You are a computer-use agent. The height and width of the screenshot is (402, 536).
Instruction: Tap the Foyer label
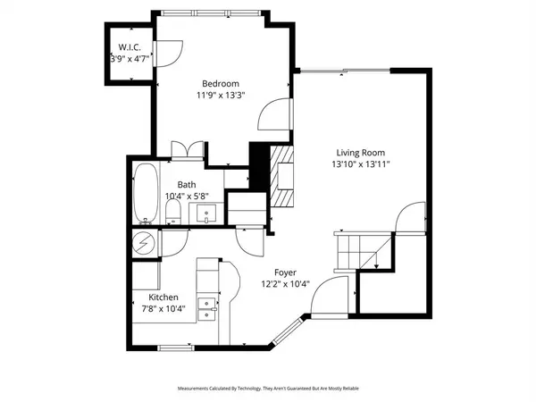pos(286,272)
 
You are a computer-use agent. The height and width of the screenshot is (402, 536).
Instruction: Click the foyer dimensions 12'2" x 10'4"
pos(286,285)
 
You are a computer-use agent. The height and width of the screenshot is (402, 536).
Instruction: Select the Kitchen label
pos(163,297)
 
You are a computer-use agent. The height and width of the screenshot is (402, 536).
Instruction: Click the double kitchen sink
pos(206,308)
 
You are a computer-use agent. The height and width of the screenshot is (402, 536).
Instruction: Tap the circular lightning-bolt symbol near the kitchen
pos(143,241)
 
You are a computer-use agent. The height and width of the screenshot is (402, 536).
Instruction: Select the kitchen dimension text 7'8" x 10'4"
pos(163,310)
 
